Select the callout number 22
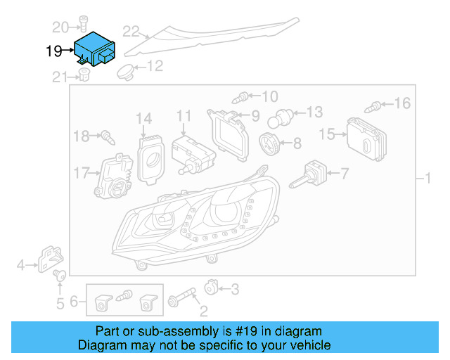pyautogui.click(x=131, y=30)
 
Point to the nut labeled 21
pyautogui.click(x=84, y=75)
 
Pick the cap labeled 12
pyautogui.click(x=126, y=70)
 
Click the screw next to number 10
pyautogui.click(x=243, y=96)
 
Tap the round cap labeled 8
pyautogui.click(x=269, y=143)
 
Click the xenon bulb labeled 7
pyautogui.click(x=309, y=174)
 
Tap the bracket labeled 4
pyautogui.click(x=50, y=259)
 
